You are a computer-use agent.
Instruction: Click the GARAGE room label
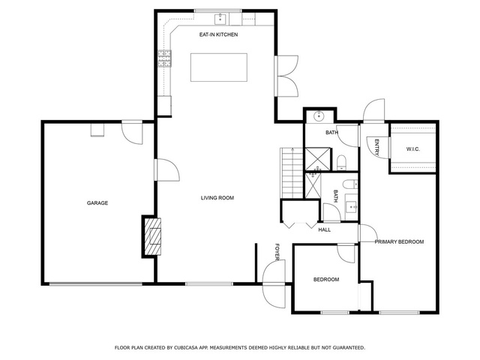97,203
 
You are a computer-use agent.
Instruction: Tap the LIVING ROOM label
217,198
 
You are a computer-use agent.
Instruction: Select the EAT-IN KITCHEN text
218,34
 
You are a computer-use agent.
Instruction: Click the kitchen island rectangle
219,67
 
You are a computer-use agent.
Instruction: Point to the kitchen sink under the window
220,19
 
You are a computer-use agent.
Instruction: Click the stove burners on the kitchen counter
164,58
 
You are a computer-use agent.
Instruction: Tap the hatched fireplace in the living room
153,236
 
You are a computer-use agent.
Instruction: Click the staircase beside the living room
292,173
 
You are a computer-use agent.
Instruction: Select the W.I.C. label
413,149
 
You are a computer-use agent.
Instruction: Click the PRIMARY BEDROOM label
399,241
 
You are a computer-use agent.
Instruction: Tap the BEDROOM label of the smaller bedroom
326,280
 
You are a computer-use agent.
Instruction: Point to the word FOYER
277,252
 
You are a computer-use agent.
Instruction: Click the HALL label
325,229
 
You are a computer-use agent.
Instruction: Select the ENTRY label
376,148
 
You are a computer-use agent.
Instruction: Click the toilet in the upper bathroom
341,163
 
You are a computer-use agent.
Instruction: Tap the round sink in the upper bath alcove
319,116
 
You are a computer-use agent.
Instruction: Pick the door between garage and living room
166,170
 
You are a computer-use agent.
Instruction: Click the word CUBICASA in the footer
185,348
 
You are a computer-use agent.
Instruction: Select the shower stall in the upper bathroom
318,158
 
